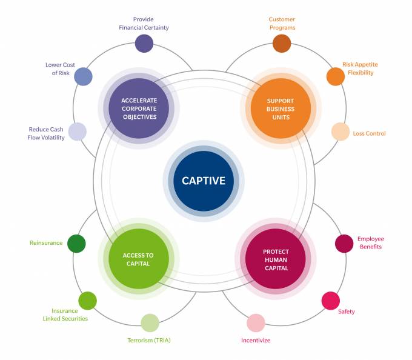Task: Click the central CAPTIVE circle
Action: coord(204,181)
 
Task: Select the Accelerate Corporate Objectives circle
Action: coord(139,108)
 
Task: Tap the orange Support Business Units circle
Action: coord(281,109)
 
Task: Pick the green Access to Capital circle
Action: coord(138,259)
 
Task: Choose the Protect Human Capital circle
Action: coord(276,259)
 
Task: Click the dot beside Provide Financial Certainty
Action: coord(144,44)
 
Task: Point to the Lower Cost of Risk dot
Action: coord(83,76)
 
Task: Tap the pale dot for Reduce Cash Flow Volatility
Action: coord(78,132)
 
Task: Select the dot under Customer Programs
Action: coord(282,44)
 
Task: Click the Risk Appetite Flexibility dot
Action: coord(336,76)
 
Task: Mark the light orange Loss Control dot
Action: coord(341,132)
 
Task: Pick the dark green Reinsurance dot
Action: coord(76,243)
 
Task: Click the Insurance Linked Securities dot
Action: coord(88,301)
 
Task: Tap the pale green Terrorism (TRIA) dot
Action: coord(150,323)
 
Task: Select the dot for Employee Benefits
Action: coord(344,243)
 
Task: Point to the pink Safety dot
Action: coord(330,301)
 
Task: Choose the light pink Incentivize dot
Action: coord(256,323)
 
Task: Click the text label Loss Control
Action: coord(369,133)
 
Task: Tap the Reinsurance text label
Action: coord(46,243)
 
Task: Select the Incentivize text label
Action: coord(256,341)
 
